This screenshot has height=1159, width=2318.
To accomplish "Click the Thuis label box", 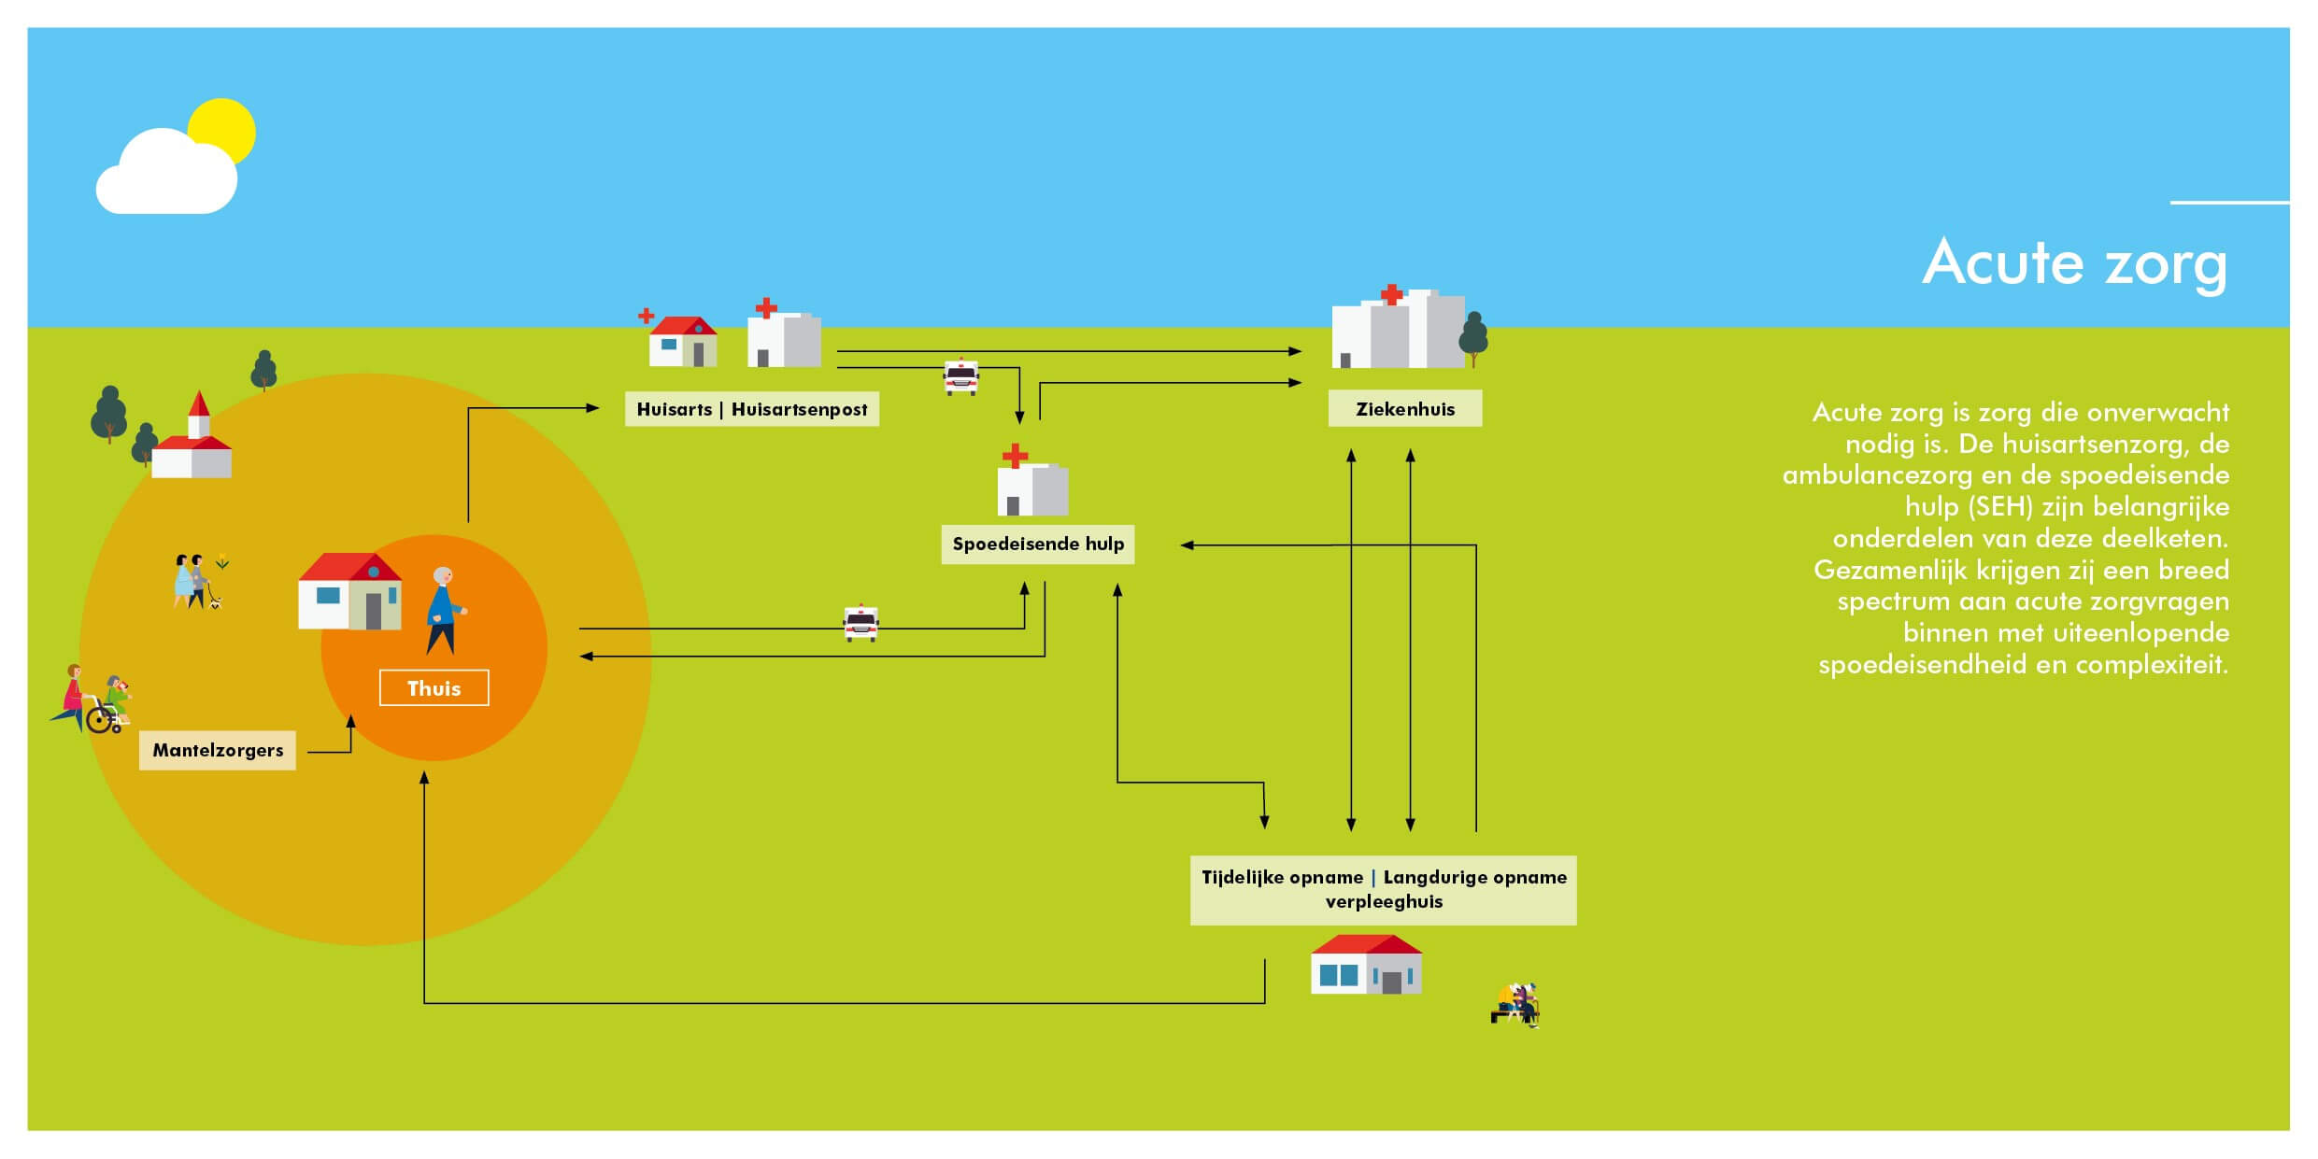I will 434,688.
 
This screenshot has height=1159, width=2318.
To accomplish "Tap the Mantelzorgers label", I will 218,750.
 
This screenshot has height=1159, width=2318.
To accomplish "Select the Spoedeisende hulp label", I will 1038,544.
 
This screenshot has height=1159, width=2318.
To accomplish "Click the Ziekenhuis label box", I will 1405,409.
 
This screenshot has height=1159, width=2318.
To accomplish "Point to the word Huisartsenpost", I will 799,409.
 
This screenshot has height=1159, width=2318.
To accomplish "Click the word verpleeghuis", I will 1384,902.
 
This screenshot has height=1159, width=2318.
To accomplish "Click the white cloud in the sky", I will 164,177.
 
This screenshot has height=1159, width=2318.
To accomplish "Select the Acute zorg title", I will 2074,263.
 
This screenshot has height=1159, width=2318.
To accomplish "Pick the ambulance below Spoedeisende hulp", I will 860,623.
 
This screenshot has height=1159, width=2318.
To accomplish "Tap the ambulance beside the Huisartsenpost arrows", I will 961,377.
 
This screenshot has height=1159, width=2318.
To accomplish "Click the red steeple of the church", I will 198,404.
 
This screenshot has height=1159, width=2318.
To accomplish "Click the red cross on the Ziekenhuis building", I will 1391,295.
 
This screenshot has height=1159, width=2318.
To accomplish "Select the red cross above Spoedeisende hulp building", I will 1015,456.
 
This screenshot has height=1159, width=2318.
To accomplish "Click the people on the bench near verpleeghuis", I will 1515,1005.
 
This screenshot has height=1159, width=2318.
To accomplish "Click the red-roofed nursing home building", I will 1366,965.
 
